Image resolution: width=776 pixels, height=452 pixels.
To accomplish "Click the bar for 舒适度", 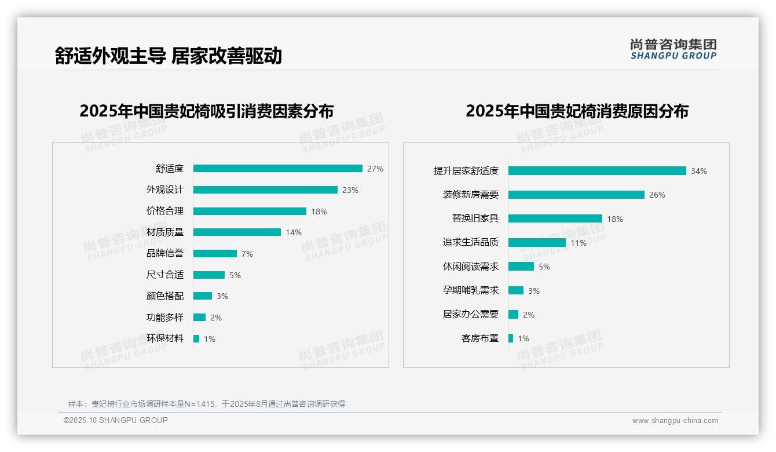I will click(278, 169).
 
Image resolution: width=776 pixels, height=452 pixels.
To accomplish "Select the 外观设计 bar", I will click(265, 190).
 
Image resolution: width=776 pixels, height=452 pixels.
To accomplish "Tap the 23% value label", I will click(350, 190).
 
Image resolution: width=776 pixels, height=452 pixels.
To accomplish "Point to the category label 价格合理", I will click(165, 212).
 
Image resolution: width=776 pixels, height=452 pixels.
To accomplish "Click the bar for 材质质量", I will click(237, 232).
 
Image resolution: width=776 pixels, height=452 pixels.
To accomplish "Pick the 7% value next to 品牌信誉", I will click(247, 254).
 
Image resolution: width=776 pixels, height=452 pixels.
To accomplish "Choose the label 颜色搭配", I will click(165, 296).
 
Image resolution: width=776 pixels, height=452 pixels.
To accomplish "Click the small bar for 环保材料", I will click(196, 338).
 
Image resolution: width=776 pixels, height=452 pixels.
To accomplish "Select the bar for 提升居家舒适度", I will click(597, 171).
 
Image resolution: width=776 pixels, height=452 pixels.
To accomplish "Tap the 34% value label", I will click(698, 171).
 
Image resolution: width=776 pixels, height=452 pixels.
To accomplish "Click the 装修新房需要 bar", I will click(576, 195).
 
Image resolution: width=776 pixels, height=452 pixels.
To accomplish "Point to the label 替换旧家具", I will click(475, 218).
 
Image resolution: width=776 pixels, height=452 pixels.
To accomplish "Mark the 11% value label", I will click(578, 243).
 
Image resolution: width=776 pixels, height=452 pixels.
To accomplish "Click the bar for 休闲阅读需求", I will click(521, 267).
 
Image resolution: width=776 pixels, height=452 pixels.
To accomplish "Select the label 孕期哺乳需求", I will click(471, 290).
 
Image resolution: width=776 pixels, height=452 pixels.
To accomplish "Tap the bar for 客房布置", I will click(511, 338).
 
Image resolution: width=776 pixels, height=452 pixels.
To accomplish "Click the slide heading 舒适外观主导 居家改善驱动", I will click(169, 56).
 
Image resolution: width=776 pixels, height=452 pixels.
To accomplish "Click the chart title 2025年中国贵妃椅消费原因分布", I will click(577, 111).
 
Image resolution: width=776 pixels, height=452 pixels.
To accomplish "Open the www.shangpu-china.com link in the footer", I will click(675, 421).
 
